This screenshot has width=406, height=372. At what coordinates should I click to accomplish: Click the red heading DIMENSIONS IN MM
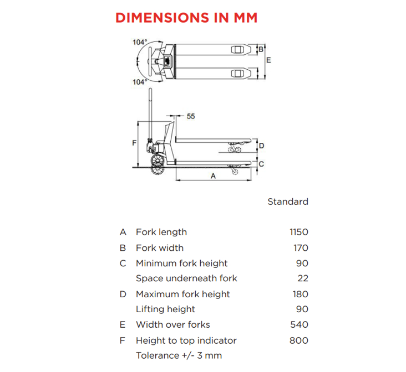coord(186,18)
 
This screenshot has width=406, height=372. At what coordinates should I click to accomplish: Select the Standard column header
coord(288,201)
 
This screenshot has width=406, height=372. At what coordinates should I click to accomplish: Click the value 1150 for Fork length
coord(299,232)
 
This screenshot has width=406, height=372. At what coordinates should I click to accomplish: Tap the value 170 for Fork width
coord(301,248)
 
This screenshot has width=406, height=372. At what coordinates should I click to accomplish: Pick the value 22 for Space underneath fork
coord(303,278)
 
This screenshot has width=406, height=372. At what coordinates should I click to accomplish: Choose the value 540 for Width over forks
coord(300,325)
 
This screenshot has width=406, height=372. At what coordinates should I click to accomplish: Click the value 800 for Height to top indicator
coord(299,340)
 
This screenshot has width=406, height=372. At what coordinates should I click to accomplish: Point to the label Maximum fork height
coord(183,294)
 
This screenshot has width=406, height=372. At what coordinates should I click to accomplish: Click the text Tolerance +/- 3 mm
coord(179,356)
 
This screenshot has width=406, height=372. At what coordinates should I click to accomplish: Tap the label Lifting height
coord(165,309)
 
